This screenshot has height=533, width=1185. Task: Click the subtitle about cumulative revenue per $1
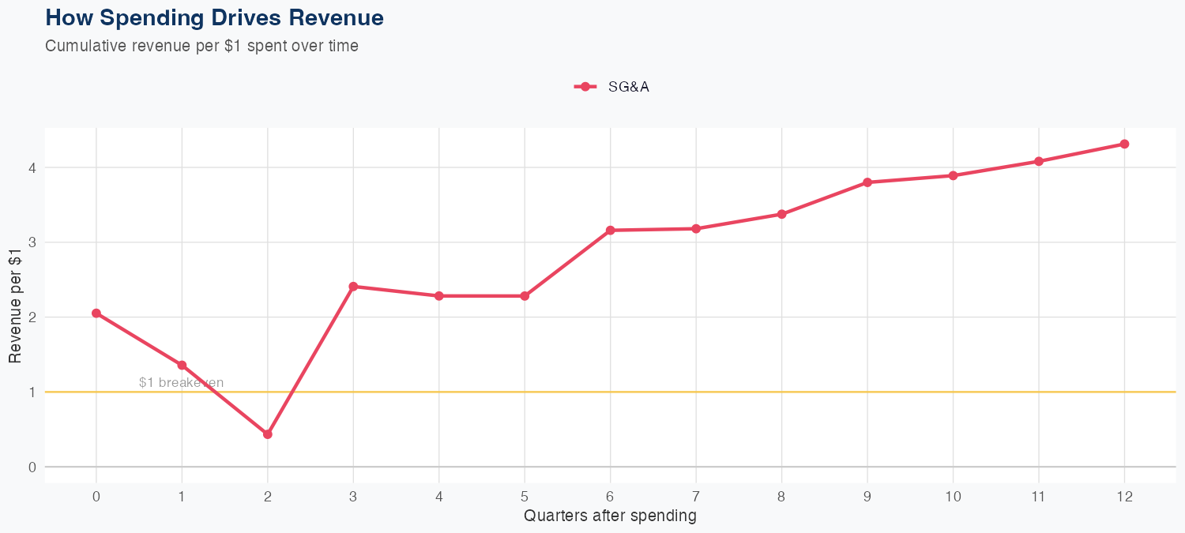(202, 46)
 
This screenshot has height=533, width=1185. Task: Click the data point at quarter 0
(96, 313)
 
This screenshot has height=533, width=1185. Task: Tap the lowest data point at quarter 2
(268, 434)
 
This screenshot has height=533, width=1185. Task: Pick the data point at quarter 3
(353, 287)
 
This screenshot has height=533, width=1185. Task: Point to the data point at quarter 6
(610, 231)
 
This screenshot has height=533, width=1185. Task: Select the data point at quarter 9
(867, 182)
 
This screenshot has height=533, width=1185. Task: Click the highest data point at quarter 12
(1124, 144)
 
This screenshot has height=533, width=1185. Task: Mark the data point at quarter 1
(182, 366)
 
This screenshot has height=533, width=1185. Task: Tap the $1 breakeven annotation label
(181, 383)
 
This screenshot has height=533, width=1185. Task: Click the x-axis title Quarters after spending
(610, 516)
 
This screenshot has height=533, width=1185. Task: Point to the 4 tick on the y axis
(32, 167)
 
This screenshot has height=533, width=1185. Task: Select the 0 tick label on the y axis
(32, 467)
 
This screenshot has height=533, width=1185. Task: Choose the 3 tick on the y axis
(32, 242)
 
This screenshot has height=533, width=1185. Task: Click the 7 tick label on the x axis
(696, 497)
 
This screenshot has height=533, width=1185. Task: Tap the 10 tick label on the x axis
(953, 497)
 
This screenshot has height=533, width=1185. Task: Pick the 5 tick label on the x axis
(525, 497)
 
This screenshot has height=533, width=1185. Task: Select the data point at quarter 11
(1039, 161)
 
